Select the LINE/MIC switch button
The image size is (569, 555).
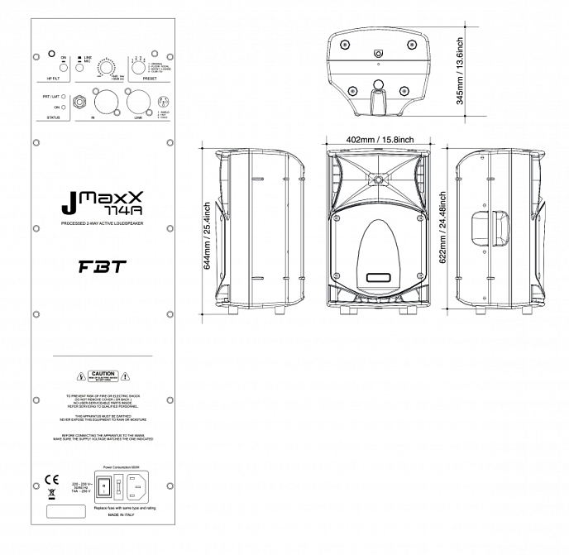pyautogui.click(x=78, y=69)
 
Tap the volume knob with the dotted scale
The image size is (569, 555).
pyautogui.click(x=106, y=68)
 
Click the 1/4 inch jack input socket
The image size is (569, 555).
pyautogui.click(x=81, y=103)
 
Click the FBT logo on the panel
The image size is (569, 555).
pyautogui.click(x=103, y=268)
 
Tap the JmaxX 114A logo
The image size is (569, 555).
pyautogui.click(x=103, y=203)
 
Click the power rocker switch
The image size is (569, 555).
pyautogui.click(x=104, y=488)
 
